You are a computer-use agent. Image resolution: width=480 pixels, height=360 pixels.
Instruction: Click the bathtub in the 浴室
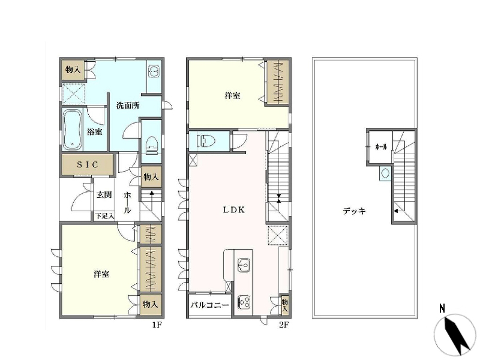[x=72, y=130]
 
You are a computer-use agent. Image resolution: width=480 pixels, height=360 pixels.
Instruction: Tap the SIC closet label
[x=88, y=164]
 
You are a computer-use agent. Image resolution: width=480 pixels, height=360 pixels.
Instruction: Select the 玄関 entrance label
[x=104, y=194]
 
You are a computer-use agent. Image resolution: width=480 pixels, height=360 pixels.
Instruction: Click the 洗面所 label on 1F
[x=128, y=106]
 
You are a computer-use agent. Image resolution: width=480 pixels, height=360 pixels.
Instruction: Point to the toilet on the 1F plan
[x=151, y=145]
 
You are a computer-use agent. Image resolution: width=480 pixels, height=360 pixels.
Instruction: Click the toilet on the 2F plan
[x=206, y=141]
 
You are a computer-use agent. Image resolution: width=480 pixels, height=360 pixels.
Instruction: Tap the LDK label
[x=234, y=210]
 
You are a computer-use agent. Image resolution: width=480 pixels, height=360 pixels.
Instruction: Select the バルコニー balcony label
[x=209, y=305]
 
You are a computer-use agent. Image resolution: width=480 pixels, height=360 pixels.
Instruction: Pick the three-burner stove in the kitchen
[x=244, y=302]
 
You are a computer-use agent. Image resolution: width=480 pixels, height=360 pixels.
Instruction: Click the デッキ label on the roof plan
[x=354, y=211]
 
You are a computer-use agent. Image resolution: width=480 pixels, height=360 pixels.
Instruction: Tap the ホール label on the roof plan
[x=381, y=146]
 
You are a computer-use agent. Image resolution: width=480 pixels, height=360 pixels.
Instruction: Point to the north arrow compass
[x=455, y=335]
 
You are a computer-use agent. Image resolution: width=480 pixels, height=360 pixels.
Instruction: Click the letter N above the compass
[x=442, y=308]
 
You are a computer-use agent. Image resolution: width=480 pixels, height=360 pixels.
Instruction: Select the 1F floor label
[x=157, y=325]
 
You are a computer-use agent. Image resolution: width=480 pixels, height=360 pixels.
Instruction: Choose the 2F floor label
[x=284, y=325]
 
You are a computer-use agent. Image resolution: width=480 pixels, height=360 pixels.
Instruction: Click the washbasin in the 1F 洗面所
[x=154, y=71]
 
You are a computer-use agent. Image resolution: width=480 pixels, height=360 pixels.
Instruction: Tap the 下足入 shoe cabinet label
[x=104, y=216]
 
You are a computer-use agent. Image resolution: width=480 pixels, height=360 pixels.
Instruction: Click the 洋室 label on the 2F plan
[x=233, y=95]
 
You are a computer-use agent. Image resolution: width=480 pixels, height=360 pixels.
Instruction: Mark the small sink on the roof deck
[x=385, y=173]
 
